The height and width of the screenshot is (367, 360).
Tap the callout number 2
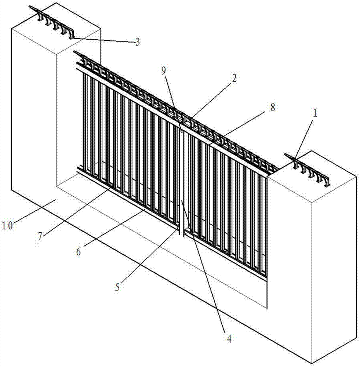(x=234, y=78)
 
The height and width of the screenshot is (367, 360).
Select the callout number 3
(x=137, y=42)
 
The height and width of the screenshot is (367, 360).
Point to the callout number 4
(x=229, y=339)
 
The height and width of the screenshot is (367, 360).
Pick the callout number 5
(x=117, y=287)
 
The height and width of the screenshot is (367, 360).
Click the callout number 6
(x=79, y=252)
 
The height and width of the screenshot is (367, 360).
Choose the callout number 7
(x=40, y=236)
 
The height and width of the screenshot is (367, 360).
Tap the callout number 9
(x=164, y=71)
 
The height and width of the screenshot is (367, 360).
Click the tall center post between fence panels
(x=182, y=181)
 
